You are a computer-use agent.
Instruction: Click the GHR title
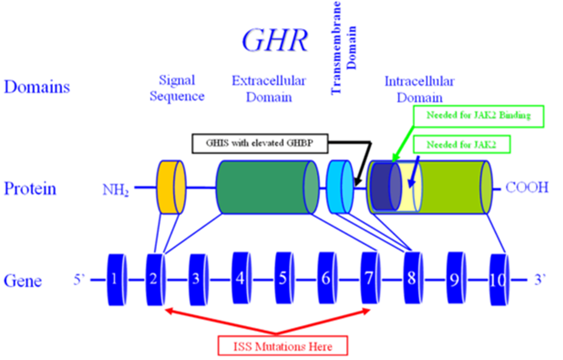275,40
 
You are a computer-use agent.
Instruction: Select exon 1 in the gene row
117,280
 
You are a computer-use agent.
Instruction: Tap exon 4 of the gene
241,278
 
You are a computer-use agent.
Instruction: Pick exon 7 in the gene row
370,278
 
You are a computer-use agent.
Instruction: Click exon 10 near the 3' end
499,280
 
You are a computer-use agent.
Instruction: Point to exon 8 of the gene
413,278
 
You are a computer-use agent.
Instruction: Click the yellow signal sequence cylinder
171,187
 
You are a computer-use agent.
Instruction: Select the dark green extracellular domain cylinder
267,187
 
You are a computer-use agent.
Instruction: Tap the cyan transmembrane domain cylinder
340,187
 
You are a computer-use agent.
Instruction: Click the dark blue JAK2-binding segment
386,187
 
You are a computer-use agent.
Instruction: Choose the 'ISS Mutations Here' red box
283,345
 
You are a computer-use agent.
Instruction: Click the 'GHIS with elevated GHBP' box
260,144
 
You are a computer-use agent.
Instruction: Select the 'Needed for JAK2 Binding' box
478,116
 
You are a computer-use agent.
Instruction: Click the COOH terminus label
527,187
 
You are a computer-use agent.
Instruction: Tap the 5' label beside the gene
79,280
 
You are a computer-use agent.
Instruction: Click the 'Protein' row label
30,189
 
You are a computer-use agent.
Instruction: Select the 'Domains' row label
36,87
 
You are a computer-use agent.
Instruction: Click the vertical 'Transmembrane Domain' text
344,47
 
